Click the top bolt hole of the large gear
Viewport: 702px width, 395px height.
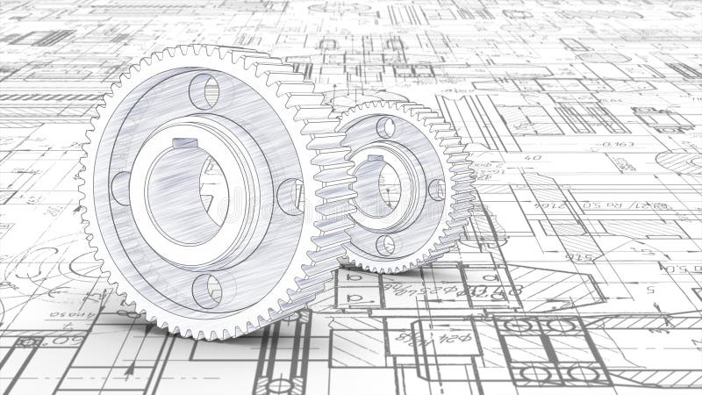pyautogui.click(x=204, y=90)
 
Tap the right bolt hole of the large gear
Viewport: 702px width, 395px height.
pyautogui.click(x=290, y=197)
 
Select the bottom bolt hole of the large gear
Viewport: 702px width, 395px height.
pyautogui.click(x=208, y=289)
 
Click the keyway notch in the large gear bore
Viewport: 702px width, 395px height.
pyautogui.click(x=184, y=143)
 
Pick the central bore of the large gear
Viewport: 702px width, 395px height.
pyautogui.click(x=187, y=190)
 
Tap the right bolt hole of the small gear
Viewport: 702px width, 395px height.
pyautogui.click(x=435, y=190)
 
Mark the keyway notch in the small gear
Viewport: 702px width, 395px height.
pyautogui.click(x=376, y=159)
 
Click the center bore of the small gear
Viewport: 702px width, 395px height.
pyautogui.click(x=377, y=185)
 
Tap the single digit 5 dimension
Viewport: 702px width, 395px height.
pyautogui.click(x=650, y=287)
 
